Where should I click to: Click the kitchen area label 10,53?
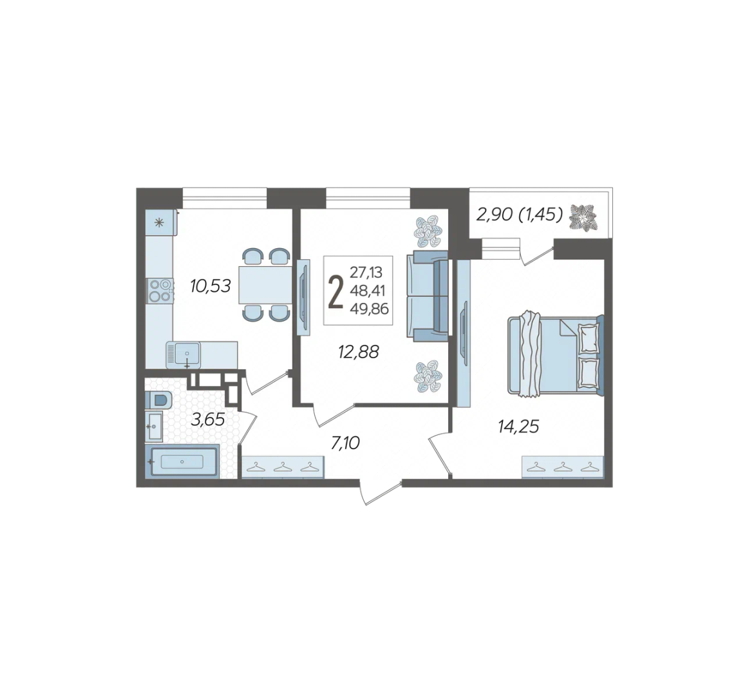pos(211,286)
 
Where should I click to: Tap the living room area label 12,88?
pos(359,352)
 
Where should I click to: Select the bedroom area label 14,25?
pos(518,427)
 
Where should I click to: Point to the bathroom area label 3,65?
pos(207,420)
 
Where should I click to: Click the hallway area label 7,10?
pos(345,443)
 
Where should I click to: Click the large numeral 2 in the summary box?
pos(336,293)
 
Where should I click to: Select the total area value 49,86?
pos(369,309)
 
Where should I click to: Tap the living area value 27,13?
pos(366,273)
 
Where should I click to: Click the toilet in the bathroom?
pos(158,400)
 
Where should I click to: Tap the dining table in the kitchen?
pos(265,285)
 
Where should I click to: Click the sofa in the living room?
pos(427,296)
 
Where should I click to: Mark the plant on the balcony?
pos(583,218)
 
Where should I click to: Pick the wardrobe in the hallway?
pos(283,467)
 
